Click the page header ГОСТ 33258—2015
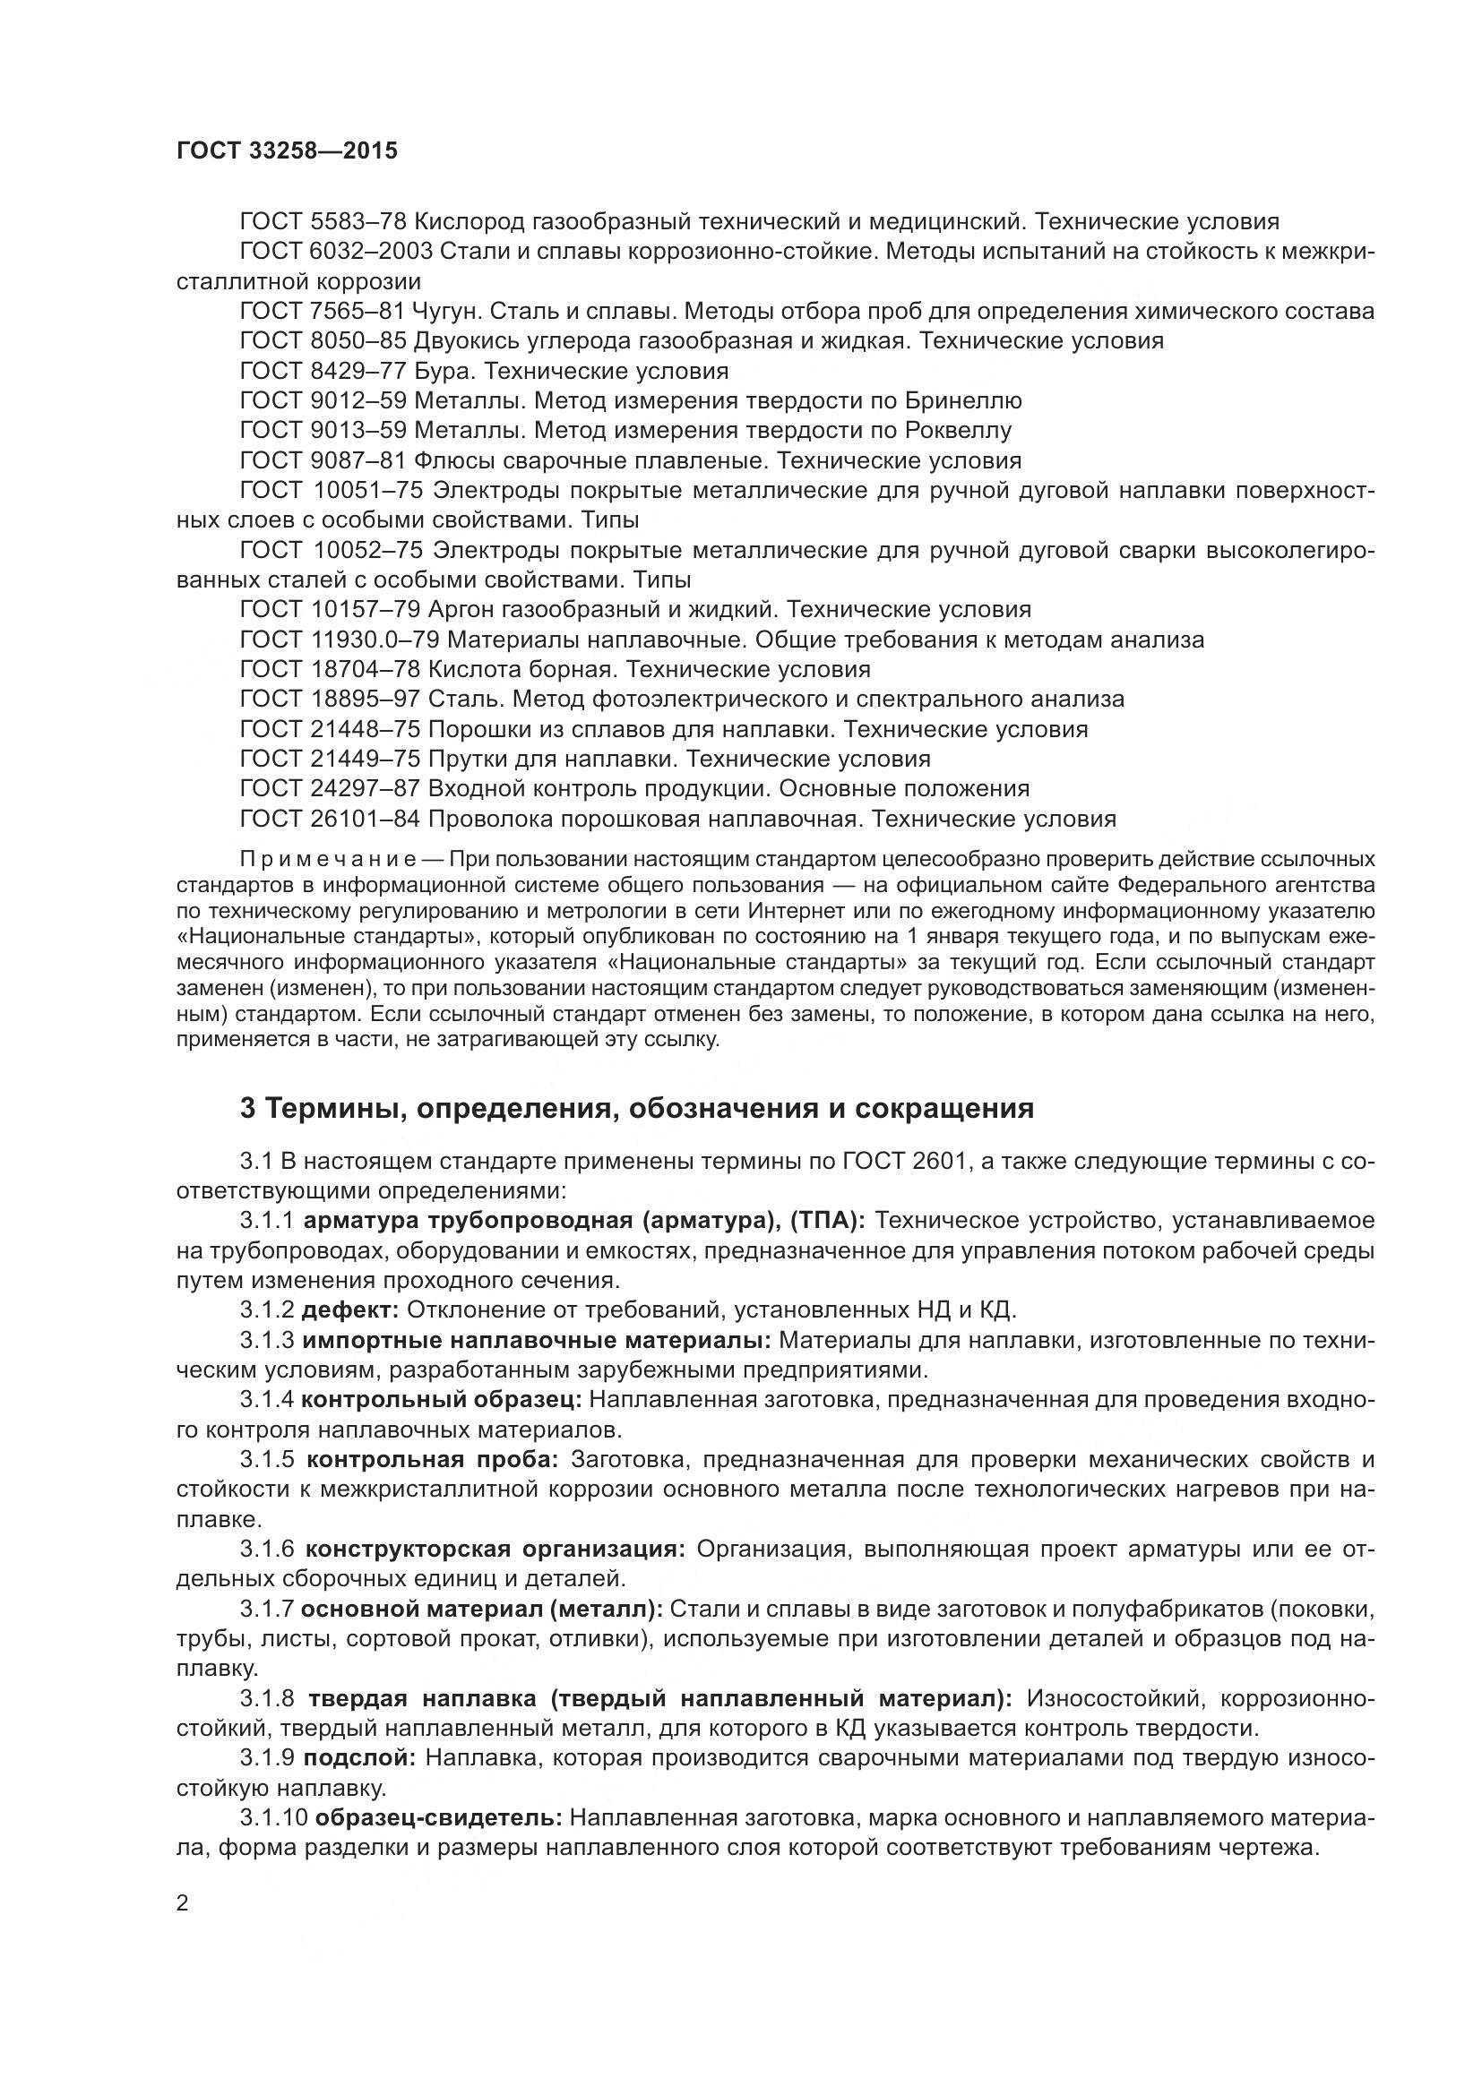tap(287, 151)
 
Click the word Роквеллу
tap(958, 431)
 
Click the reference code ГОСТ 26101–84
tap(329, 820)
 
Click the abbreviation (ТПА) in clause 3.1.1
tap(829, 1221)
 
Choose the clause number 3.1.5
tap(267, 1460)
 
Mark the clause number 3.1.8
tap(267, 1699)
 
